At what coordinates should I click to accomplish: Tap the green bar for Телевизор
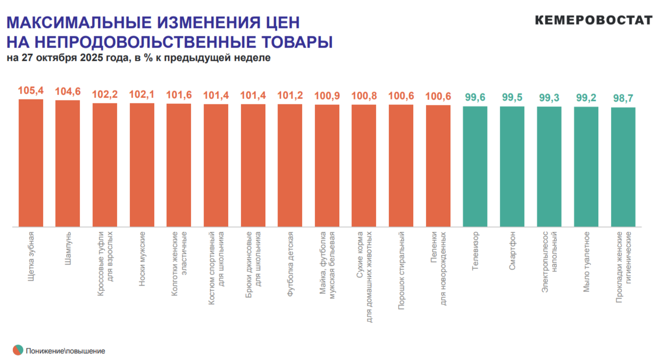point(475,167)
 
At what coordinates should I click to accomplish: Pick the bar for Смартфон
point(512,167)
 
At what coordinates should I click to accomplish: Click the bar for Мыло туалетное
point(586,167)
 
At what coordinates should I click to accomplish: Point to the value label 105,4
point(31,91)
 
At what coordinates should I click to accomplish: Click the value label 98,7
point(623,98)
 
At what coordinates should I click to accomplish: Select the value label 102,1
point(142,95)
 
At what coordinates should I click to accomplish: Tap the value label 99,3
point(549,98)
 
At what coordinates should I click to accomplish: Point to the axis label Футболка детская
point(290,265)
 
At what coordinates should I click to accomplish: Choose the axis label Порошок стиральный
point(401,271)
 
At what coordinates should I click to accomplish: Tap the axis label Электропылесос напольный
point(549,262)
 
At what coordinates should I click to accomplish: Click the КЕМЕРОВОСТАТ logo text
point(593,20)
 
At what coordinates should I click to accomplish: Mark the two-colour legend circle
point(18,350)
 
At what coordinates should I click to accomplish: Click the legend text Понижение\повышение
point(66,351)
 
